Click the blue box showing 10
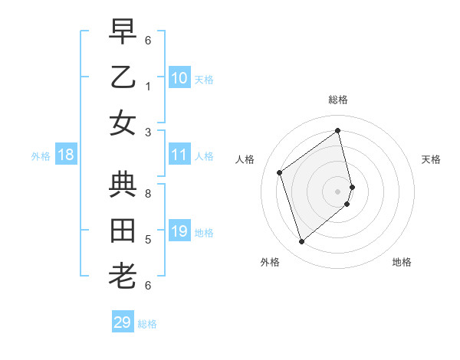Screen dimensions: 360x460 click(x=179, y=77)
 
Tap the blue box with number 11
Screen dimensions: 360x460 click(x=179, y=155)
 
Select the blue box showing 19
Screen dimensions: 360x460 click(x=179, y=231)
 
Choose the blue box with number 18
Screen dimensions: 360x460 click(x=66, y=155)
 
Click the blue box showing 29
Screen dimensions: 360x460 click(x=123, y=322)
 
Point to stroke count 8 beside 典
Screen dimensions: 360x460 click(x=148, y=194)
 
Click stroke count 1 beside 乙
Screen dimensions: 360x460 click(x=148, y=86)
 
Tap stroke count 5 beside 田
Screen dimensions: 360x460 click(x=148, y=240)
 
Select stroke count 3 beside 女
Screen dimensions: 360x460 click(x=148, y=132)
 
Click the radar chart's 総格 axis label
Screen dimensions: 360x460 click(x=338, y=100)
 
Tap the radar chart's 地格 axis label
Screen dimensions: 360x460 click(x=402, y=262)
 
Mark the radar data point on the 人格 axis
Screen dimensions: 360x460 click(x=280, y=172)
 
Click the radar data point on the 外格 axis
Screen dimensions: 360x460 click(x=301, y=242)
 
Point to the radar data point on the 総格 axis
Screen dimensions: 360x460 click(x=338, y=131)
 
